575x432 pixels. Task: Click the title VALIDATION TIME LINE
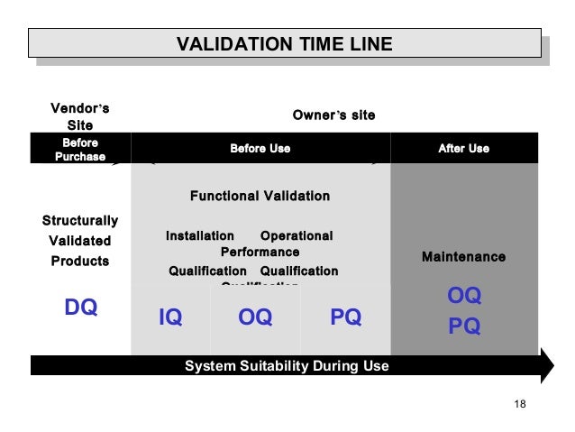[284, 43]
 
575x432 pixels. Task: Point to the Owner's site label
[333, 115]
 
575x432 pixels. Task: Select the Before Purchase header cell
[80, 150]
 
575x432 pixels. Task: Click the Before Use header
[260, 148]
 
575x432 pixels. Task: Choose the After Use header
[463, 148]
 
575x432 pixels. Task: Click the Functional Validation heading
[260, 196]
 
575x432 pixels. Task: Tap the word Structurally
[80, 220]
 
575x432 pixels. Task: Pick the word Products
[80, 261]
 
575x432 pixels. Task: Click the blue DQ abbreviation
[80, 308]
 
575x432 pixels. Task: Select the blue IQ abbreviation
[170, 317]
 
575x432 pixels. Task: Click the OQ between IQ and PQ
[255, 317]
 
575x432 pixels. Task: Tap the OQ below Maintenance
[464, 296]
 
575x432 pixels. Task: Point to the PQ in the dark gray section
[464, 326]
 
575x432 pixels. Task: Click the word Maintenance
[463, 257]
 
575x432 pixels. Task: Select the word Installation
[199, 235]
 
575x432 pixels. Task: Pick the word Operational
[296, 235]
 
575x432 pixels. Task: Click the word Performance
[260, 253]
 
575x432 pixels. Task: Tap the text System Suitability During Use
[287, 366]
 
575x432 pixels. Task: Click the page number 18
[519, 402]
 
